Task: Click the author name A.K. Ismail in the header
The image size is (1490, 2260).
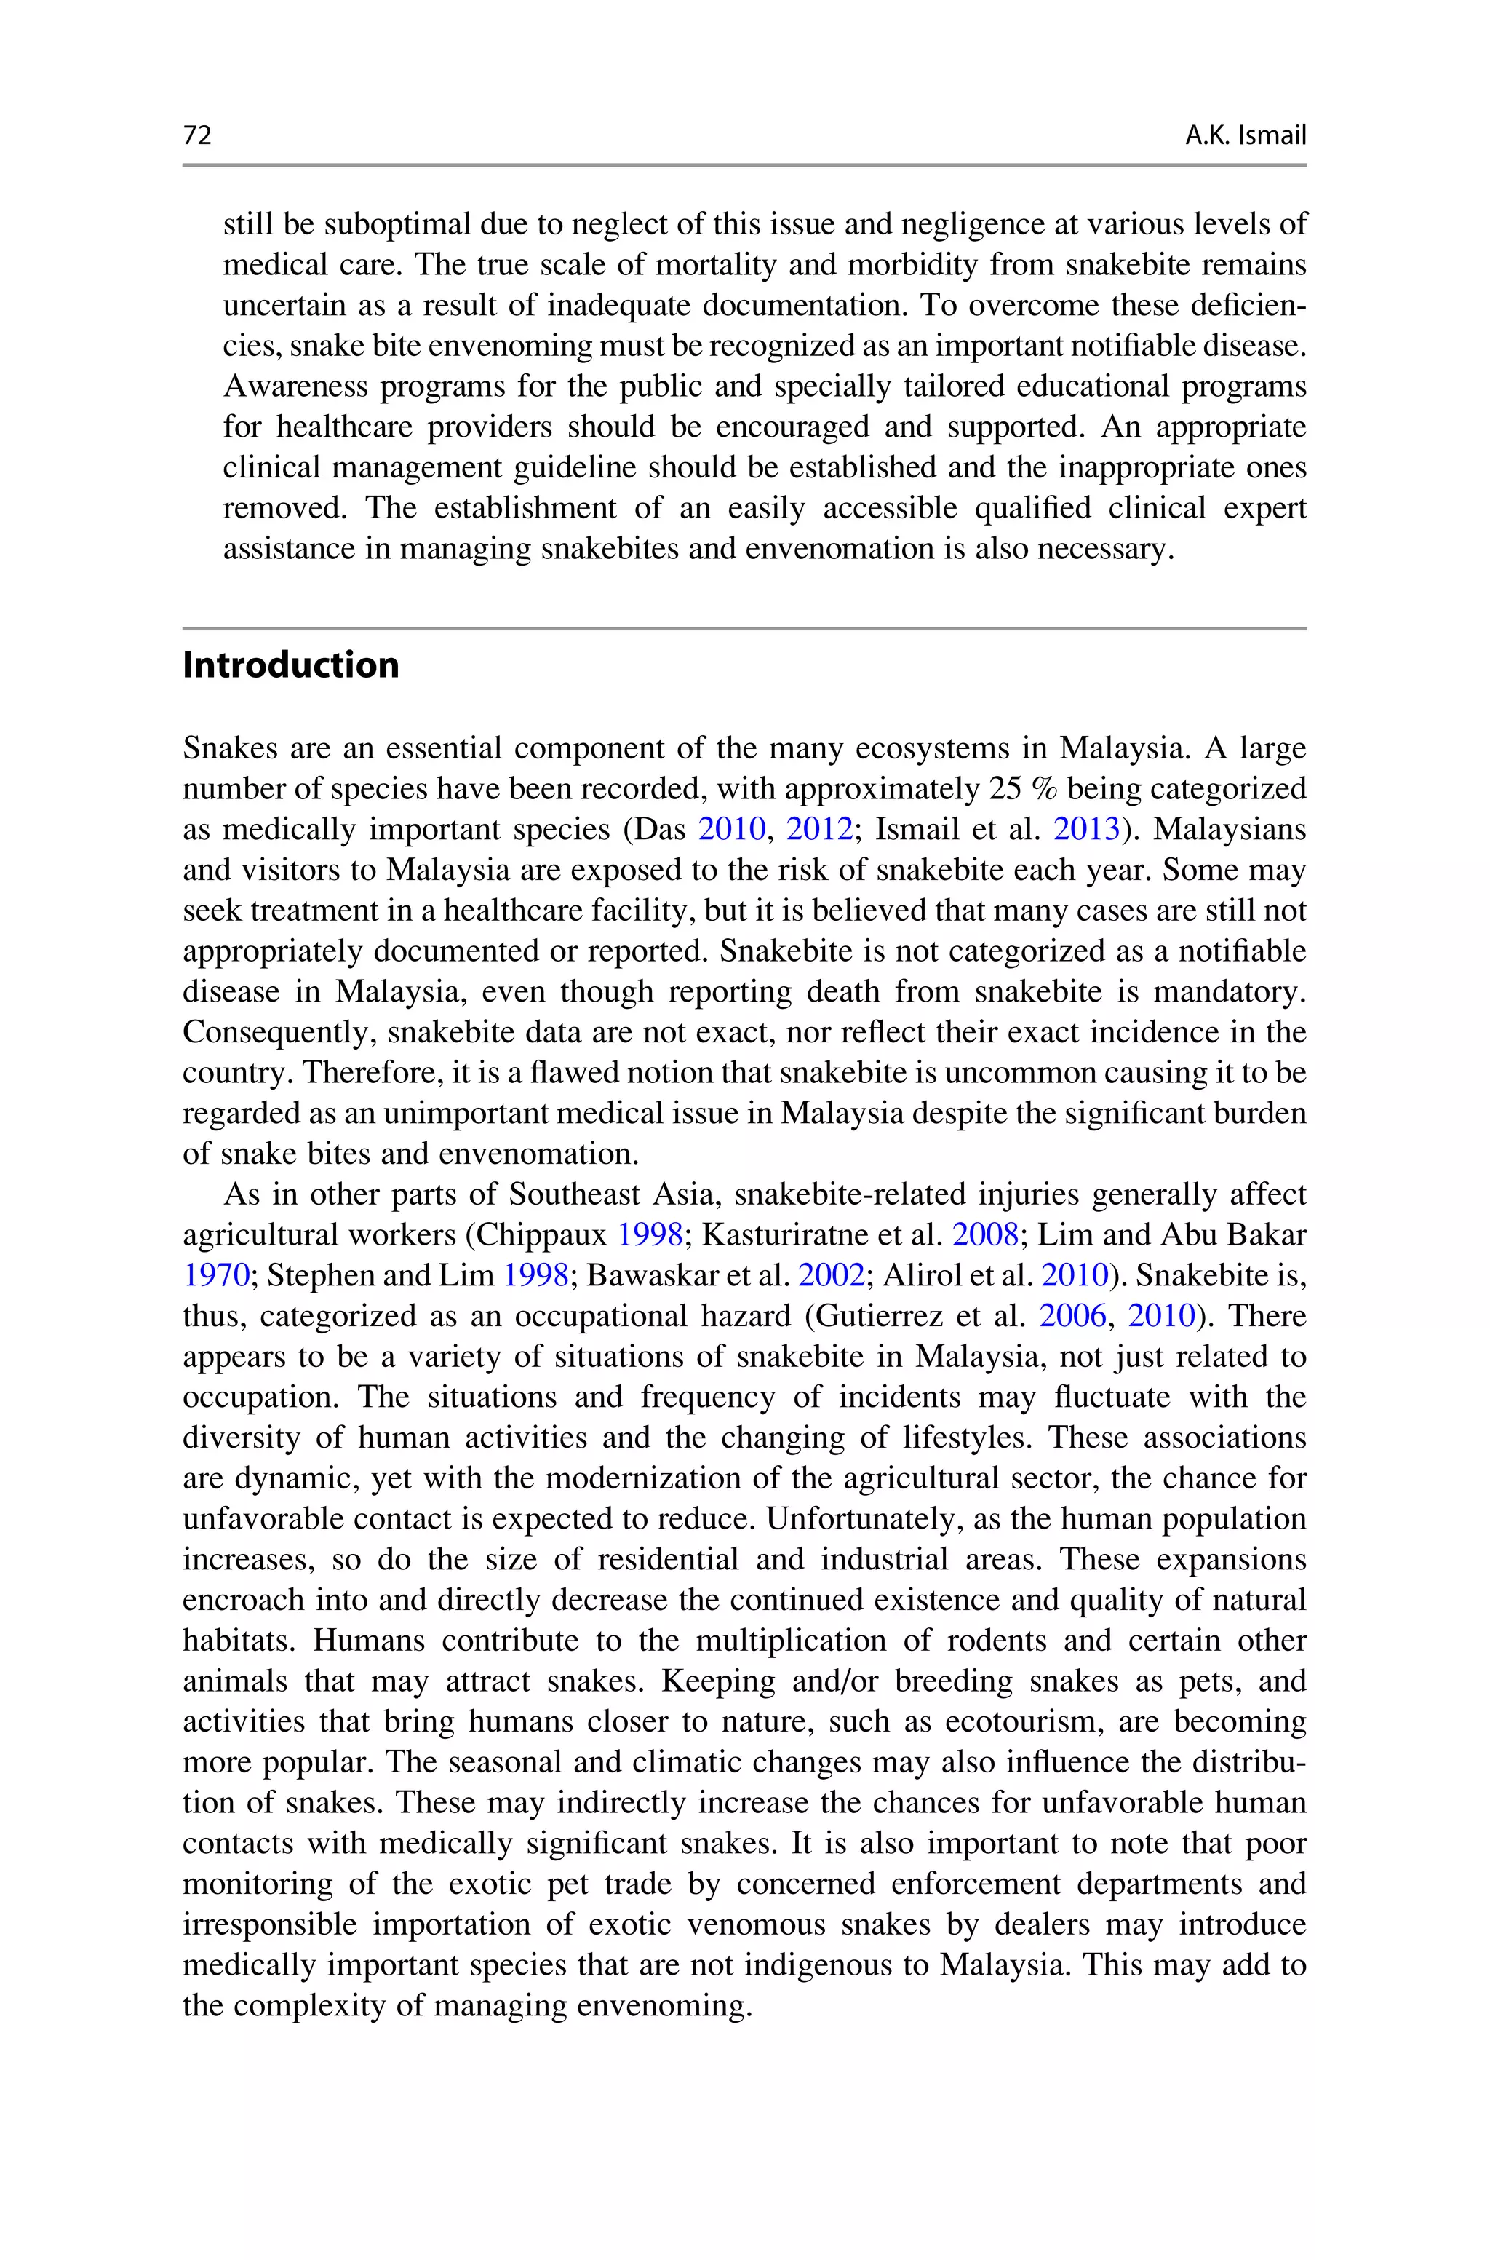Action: click(x=1245, y=136)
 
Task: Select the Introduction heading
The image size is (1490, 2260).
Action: click(x=291, y=665)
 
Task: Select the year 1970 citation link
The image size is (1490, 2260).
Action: click(x=215, y=1275)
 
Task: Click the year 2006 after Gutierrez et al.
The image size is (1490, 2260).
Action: click(x=1073, y=1316)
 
